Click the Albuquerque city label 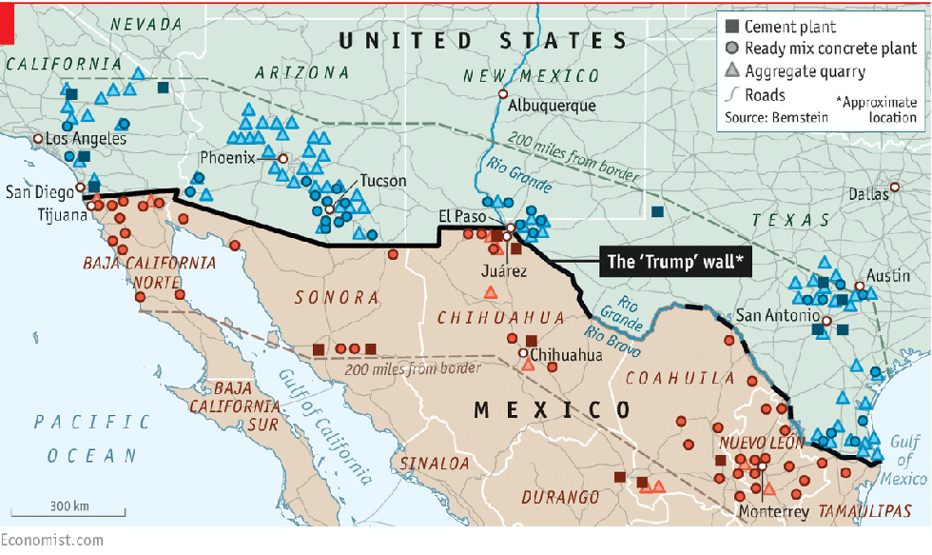point(552,107)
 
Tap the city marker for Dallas point(895,187)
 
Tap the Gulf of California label point(323,423)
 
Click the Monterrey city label point(773,512)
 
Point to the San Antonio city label point(777,315)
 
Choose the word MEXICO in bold point(552,410)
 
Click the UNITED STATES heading point(483,41)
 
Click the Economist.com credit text point(51,540)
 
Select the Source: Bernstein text point(775,117)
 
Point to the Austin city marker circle point(859,286)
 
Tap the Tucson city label point(382,181)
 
